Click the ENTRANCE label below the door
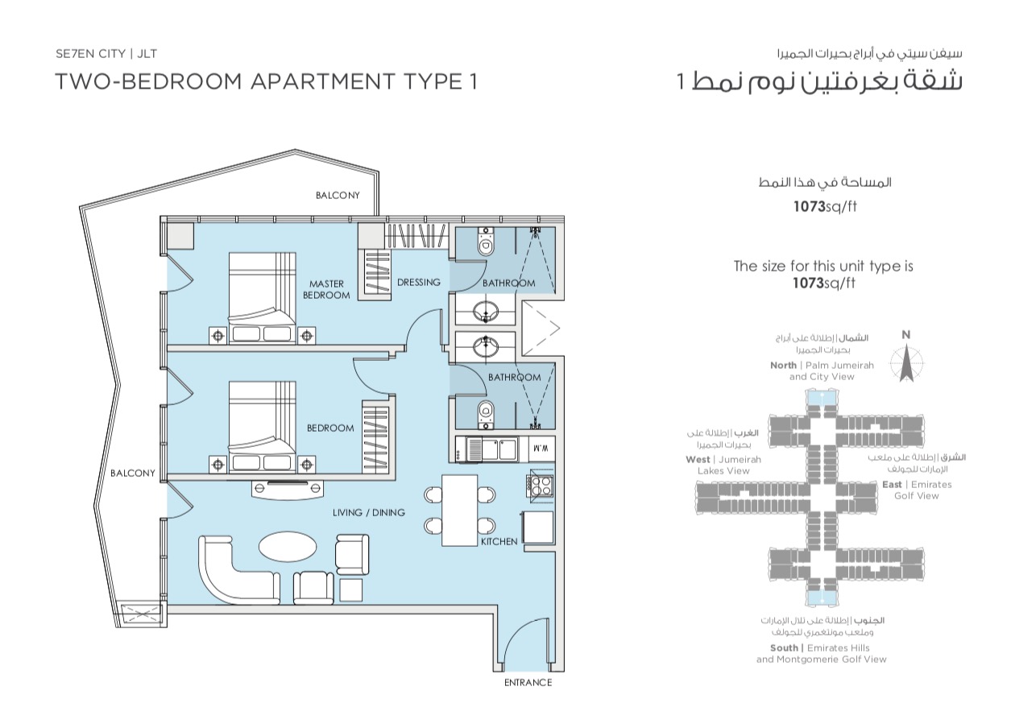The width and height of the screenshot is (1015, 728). click(x=528, y=682)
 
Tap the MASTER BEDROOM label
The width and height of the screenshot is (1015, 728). click(x=326, y=289)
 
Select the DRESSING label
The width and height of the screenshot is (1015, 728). click(x=419, y=282)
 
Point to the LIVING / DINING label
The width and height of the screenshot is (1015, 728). click(x=368, y=512)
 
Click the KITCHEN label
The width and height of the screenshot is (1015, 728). click(x=499, y=541)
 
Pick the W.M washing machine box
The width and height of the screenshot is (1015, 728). click(x=542, y=449)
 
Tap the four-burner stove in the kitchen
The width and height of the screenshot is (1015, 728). click(x=540, y=486)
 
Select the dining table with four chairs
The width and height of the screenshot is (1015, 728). click(x=459, y=510)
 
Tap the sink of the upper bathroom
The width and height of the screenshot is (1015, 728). click(x=486, y=312)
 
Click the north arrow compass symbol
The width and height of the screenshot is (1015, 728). click(x=906, y=363)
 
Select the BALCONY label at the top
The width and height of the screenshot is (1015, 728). click(x=338, y=195)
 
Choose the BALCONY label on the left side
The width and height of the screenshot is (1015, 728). click(x=133, y=473)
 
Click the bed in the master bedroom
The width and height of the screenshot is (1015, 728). click(x=262, y=296)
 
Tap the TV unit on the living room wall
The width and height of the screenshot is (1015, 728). click(x=288, y=489)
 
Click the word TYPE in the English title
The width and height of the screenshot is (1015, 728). click(x=430, y=81)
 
